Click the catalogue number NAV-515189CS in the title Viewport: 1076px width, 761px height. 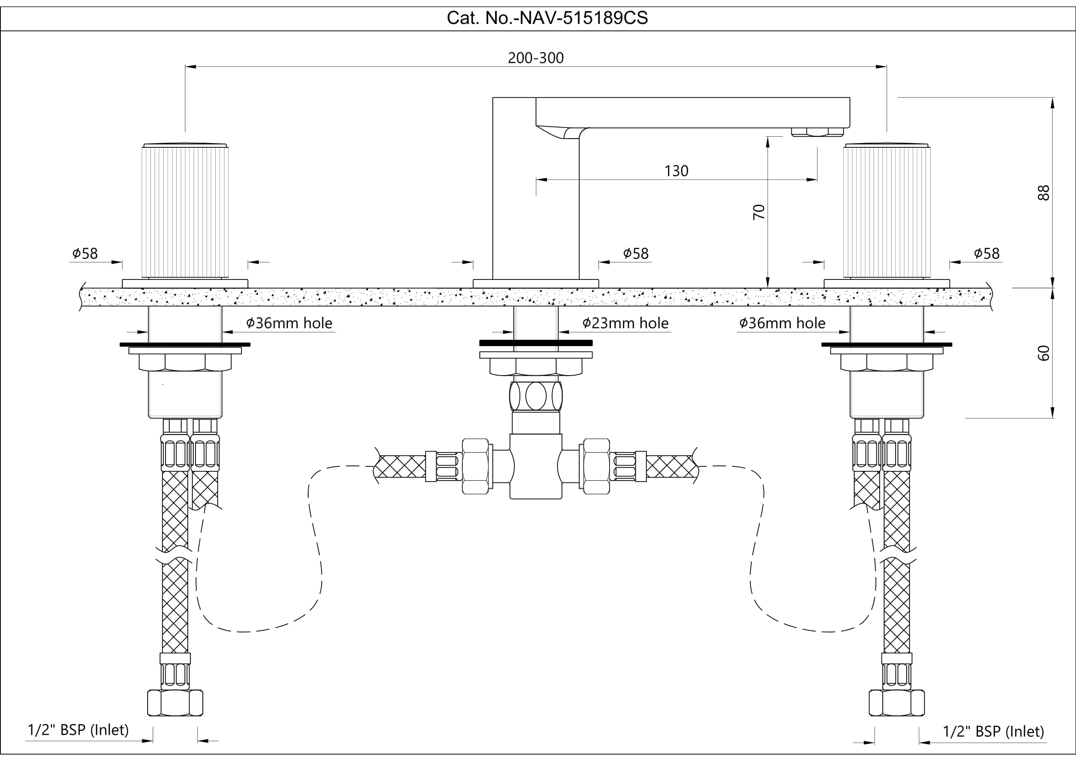coord(584,18)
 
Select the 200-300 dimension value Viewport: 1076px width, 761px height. coord(535,58)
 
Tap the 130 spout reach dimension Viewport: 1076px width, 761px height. coord(676,171)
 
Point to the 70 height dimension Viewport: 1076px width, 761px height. coord(758,212)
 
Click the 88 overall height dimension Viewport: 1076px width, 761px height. coord(1043,193)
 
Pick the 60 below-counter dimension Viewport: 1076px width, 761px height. coord(1043,353)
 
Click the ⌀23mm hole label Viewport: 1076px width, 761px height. coord(626,323)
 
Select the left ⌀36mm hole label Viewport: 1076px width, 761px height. coord(289,323)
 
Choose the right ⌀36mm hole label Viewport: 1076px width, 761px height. coord(782,323)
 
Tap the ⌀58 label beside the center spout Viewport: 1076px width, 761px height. coord(635,253)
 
